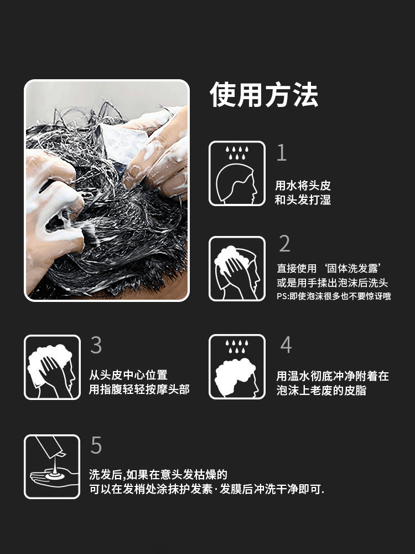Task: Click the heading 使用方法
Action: click(264, 95)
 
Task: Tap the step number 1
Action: click(282, 153)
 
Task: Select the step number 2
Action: click(284, 244)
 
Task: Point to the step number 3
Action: click(96, 345)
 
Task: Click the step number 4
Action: click(286, 345)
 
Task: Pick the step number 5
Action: click(96, 445)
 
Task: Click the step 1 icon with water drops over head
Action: click(237, 173)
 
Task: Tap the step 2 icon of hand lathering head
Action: click(237, 269)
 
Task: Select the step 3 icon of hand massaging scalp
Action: click(52, 367)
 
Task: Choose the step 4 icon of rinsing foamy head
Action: click(237, 367)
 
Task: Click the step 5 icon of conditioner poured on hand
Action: click(52, 466)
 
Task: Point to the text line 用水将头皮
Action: click(303, 186)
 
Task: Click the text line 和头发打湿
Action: click(303, 200)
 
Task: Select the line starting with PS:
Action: click(334, 296)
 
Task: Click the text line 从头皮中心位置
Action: click(128, 375)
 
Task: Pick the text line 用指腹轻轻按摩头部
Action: click(139, 389)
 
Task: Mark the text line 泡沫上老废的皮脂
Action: click(321, 391)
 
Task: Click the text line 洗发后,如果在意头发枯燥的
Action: click(158, 475)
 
